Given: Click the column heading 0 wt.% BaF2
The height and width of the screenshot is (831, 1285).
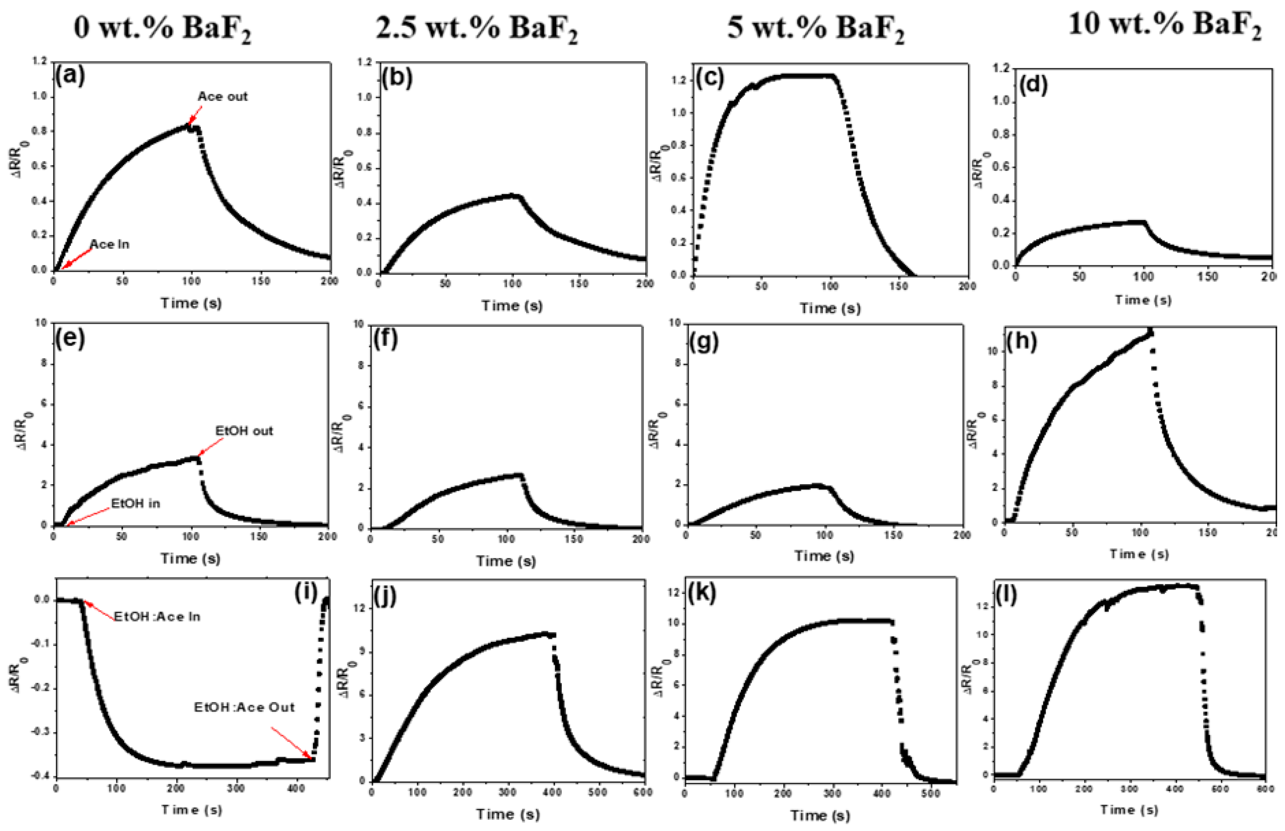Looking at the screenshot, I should coord(162,27).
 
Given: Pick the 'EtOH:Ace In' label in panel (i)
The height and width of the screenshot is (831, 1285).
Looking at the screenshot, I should coord(157,616).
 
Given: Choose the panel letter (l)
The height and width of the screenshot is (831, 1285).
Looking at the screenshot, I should coord(1007,595).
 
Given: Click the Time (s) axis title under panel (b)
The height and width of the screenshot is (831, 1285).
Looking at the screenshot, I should coord(512,305).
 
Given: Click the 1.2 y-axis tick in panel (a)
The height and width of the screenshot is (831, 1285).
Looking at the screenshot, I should coord(40,61).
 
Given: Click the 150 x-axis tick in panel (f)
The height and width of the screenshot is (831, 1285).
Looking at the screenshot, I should coord(573,539).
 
